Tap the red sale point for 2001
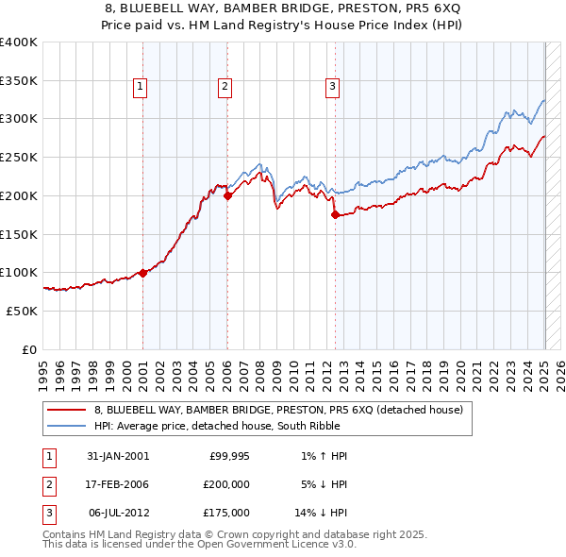tap(142, 273)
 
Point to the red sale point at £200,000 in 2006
tap(228, 196)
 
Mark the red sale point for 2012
tap(335, 215)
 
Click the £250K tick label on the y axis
tap(19, 158)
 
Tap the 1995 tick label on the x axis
tap(44, 371)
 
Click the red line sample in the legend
tap(66, 410)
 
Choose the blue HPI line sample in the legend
tap(66, 426)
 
